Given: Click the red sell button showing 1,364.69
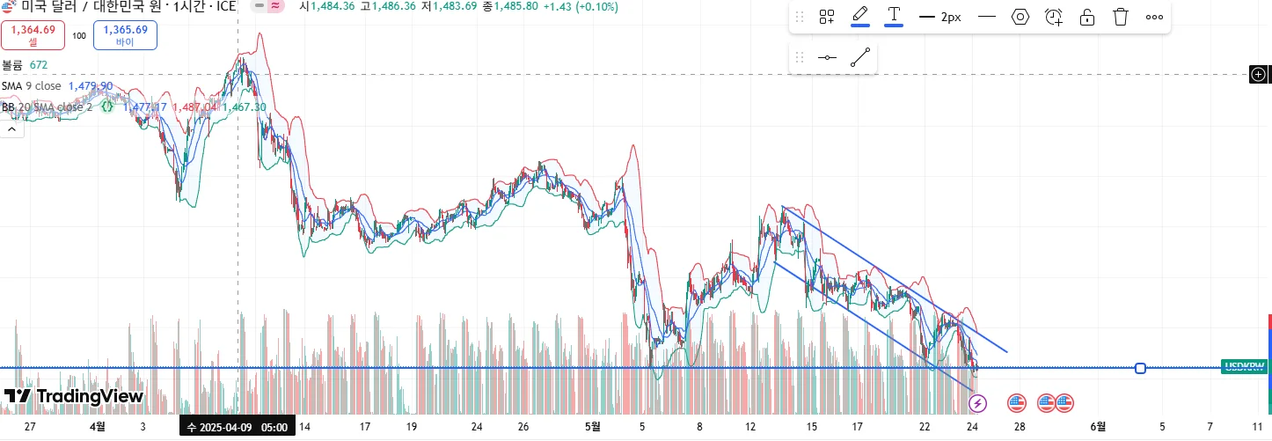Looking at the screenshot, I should tap(33, 34).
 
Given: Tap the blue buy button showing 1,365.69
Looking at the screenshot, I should tap(125, 34).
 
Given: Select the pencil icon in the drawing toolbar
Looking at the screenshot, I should tap(860, 16).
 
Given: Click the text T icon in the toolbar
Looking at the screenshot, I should tap(894, 16).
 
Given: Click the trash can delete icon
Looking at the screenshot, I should tap(1120, 17).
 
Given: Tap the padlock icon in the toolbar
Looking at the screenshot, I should tap(1086, 17).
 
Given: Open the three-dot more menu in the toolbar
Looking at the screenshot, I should tap(1154, 17).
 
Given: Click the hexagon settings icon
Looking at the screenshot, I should tap(1020, 17).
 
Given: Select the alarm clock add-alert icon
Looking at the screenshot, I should tap(1053, 17).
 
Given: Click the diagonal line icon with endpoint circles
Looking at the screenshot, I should tap(860, 58).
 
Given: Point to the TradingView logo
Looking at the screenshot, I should tap(74, 396).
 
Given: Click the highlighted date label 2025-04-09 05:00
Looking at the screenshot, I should tap(237, 427).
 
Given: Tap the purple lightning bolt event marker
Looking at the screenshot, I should tap(977, 404).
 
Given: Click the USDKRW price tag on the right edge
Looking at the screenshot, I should tap(1244, 366).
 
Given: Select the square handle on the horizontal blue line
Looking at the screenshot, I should tap(1140, 368).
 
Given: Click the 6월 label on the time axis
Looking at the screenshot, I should tap(1098, 427).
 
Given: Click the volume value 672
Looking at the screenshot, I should tap(39, 65).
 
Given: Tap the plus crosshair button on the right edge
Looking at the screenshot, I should tap(1259, 75).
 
